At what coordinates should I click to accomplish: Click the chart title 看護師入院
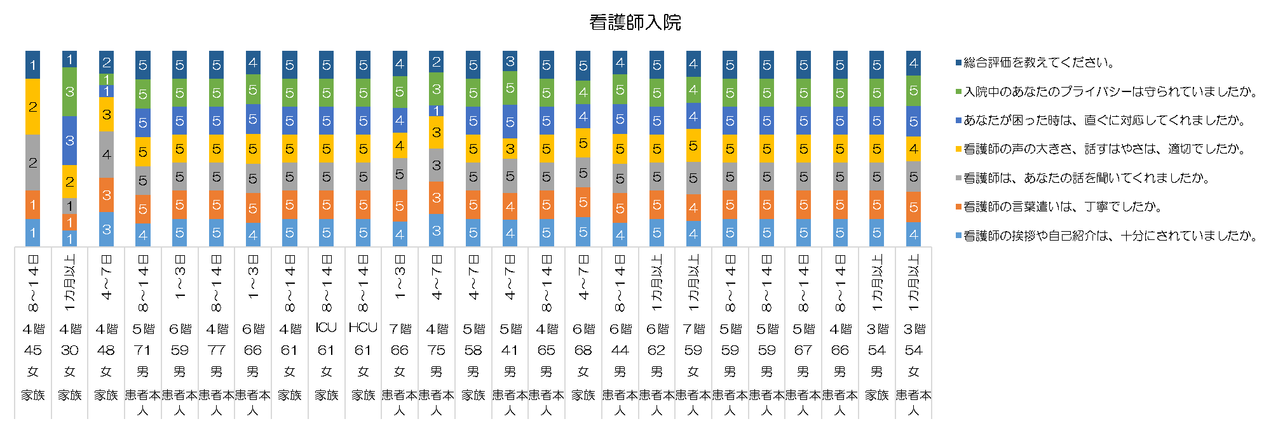click(635, 23)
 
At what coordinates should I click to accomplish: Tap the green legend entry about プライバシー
click(1110, 91)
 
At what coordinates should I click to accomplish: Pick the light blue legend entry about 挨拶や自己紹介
click(1110, 236)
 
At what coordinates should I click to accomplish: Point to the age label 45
click(33, 350)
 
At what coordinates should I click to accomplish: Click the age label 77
click(216, 350)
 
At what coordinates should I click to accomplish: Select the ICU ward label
click(326, 328)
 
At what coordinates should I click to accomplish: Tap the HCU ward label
click(363, 328)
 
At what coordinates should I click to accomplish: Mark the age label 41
click(510, 350)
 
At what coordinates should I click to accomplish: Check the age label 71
click(143, 350)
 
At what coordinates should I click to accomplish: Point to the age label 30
click(70, 350)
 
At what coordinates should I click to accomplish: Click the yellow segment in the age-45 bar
click(33, 107)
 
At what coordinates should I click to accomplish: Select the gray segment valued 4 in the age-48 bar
click(106, 154)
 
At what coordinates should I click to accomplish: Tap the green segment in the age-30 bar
click(70, 92)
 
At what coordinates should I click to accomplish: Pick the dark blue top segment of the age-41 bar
click(510, 61)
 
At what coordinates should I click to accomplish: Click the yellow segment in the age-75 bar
click(436, 132)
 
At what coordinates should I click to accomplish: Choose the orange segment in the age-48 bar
click(106, 194)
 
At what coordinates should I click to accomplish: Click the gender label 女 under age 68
click(583, 371)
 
